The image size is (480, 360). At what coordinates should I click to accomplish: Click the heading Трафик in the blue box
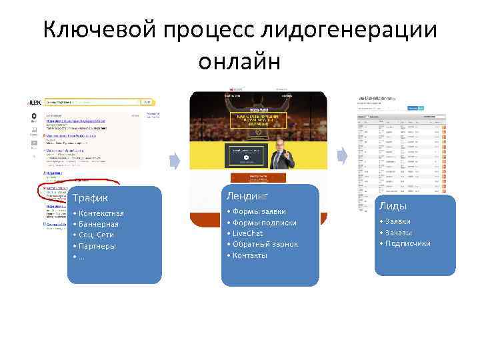click(91, 198)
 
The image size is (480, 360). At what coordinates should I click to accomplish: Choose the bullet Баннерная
click(99, 224)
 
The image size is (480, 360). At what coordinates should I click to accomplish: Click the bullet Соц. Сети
click(96, 235)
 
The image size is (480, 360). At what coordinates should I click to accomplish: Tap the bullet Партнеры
click(97, 245)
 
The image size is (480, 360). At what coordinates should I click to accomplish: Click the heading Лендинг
click(247, 195)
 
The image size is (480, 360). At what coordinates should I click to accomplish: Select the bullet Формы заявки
click(259, 211)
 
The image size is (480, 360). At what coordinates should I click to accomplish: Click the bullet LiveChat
click(247, 233)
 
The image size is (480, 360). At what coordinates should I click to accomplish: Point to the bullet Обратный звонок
click(265, 244)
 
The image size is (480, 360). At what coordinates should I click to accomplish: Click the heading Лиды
click(393, 207)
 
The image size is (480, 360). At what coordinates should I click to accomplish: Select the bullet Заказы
click(399, 233)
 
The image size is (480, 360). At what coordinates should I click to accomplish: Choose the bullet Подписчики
click(407, 243)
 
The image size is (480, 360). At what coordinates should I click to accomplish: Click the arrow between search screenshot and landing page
click(175, 161)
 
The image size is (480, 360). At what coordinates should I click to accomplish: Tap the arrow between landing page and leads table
click(341, 157)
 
